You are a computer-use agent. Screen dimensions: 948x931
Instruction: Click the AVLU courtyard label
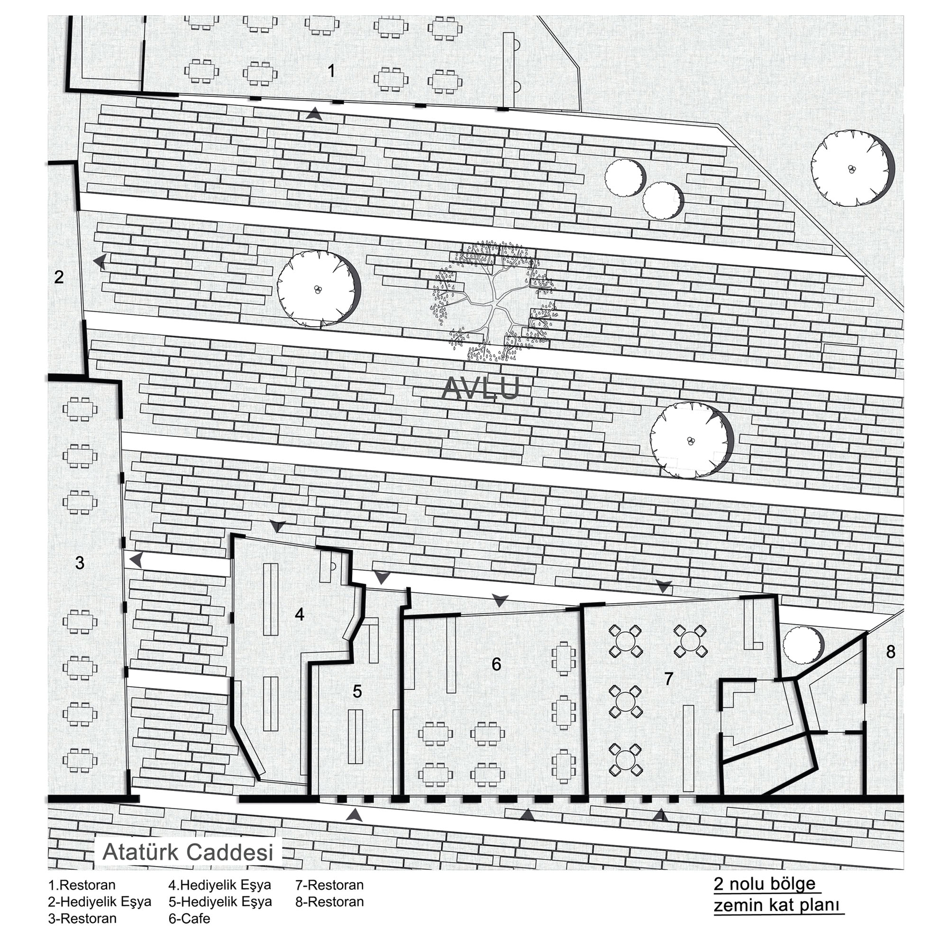pos(479,389)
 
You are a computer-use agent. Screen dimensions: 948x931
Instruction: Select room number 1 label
pos(331,71)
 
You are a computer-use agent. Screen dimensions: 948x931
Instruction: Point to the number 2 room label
pos(59,277)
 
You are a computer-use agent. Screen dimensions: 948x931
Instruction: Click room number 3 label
pos(80,563)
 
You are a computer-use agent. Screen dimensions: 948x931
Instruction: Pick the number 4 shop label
pos(300,614)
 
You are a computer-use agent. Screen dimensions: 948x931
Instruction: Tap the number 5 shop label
pos(357,691)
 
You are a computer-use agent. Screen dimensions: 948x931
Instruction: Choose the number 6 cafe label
pos(496,664)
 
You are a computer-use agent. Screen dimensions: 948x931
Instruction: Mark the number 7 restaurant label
pos(668,679)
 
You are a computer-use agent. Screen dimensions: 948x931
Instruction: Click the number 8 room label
pos(891,651)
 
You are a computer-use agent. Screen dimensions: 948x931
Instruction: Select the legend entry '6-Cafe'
pos(190,918)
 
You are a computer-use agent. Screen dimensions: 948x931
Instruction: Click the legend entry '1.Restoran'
pos(82,885)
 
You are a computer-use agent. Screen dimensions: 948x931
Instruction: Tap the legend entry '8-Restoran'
pos(329,902)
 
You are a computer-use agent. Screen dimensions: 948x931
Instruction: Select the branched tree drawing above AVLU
pos(492,301)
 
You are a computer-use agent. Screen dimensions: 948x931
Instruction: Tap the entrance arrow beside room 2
pos(100,262)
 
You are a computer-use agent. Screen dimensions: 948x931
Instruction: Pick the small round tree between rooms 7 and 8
pos(803,645)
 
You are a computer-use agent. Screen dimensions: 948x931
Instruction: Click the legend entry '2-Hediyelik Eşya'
pos(100,902)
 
